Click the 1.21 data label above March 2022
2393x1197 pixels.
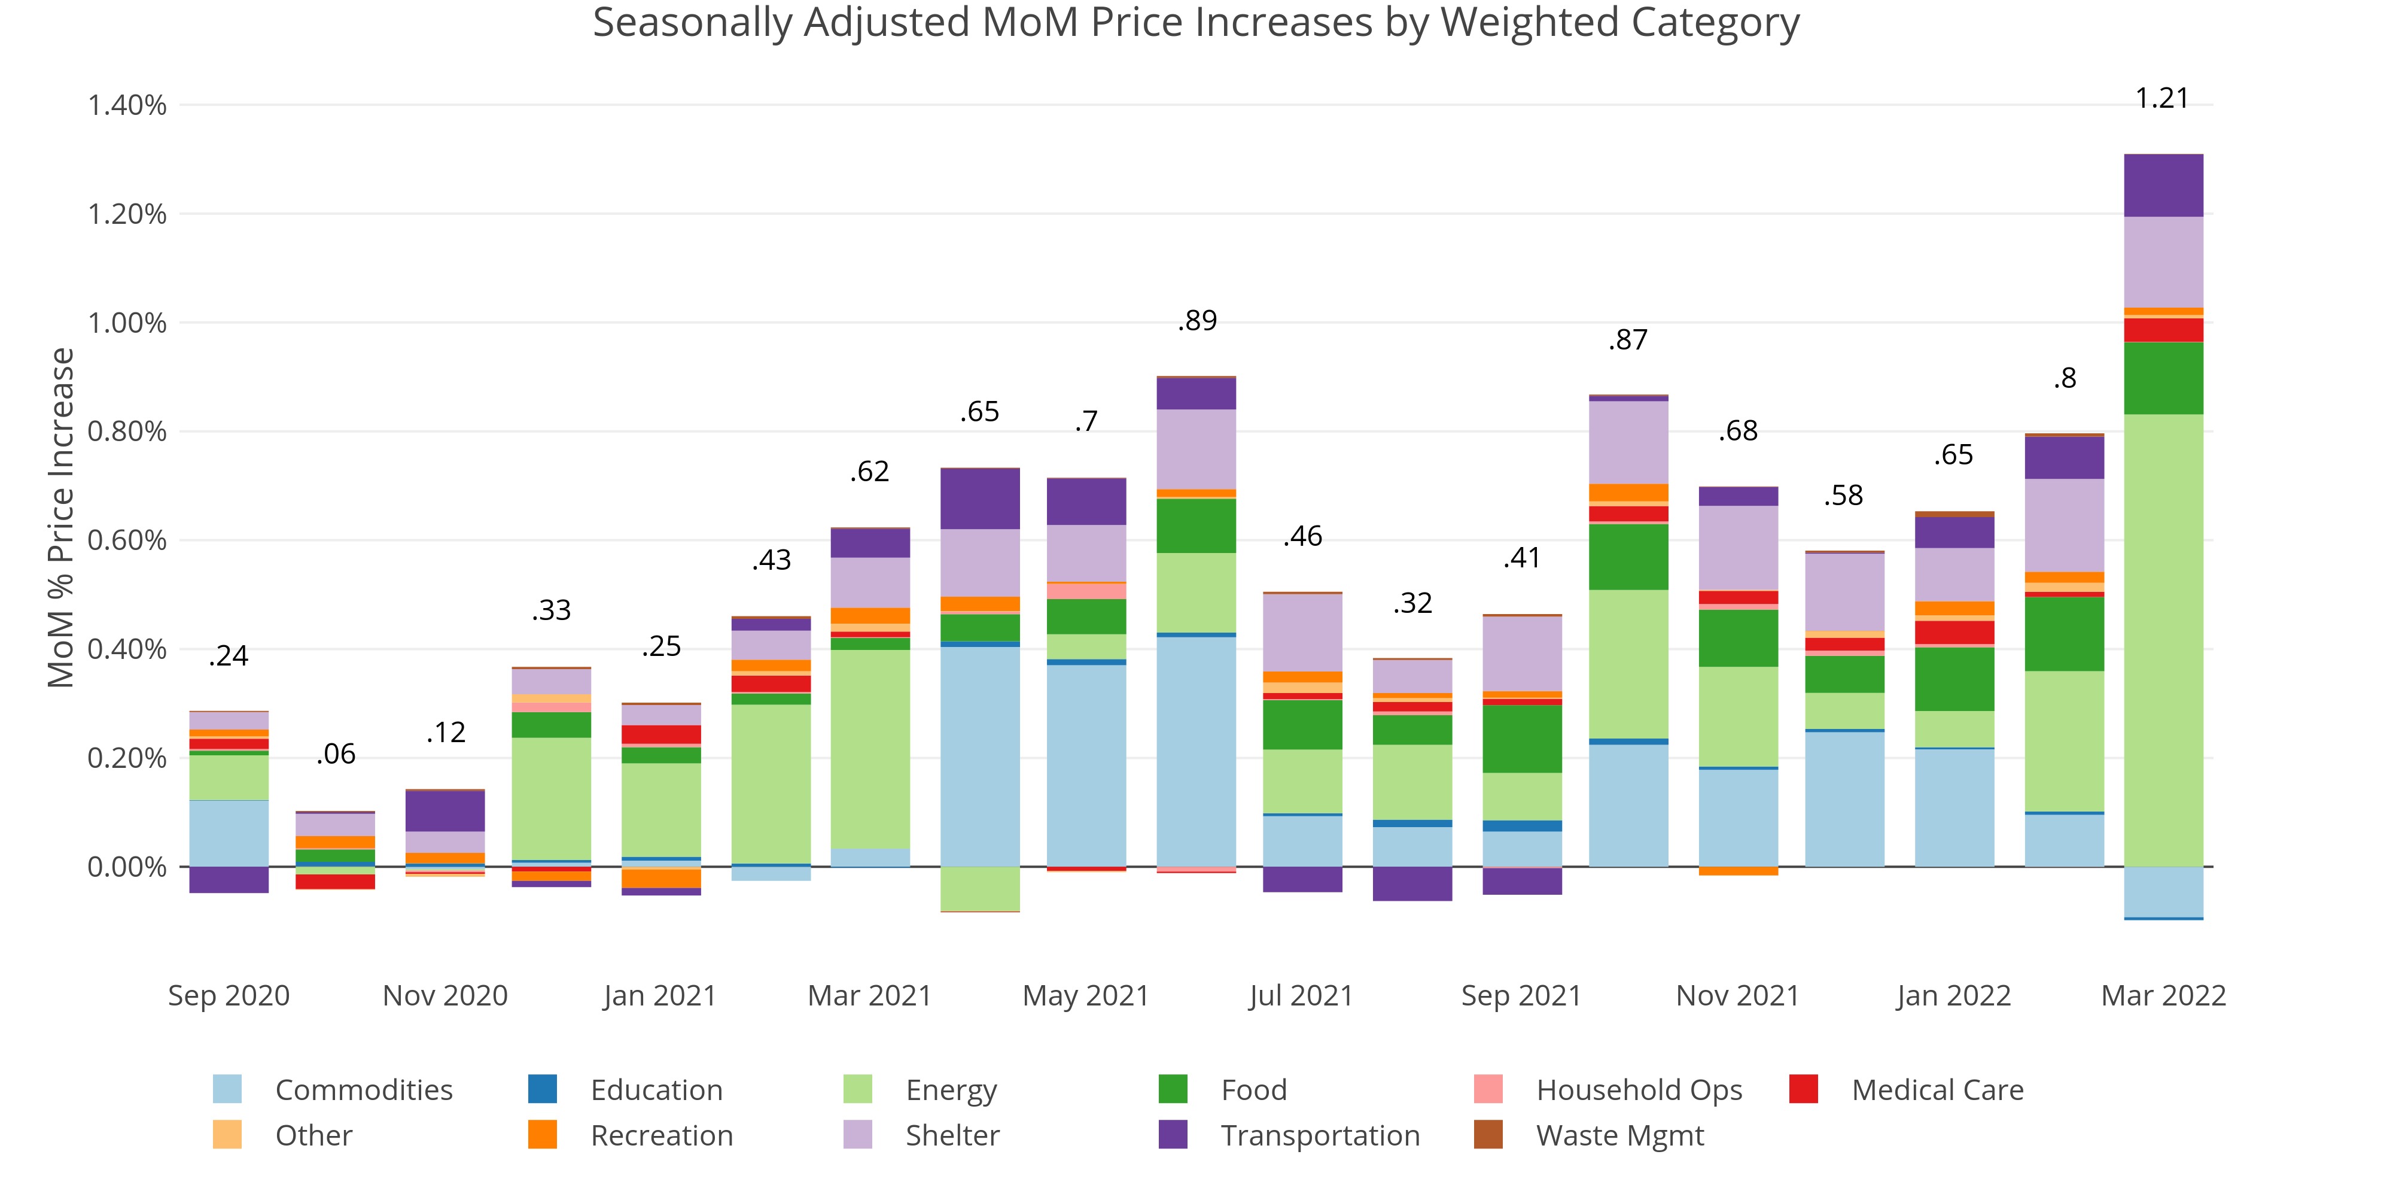point(2161,99)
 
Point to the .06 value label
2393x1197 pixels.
point(336,754)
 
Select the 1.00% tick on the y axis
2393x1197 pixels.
point(127,323)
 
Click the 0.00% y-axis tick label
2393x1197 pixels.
point(127,867)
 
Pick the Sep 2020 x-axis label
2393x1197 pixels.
point(229,995)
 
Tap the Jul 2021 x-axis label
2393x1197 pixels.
point(1301,995)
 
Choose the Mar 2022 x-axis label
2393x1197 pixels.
point(2163,995)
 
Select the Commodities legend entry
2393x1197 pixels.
point(363,1089)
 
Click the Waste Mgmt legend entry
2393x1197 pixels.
point(1619,1136)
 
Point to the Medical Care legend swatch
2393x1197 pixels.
point(1803,1089)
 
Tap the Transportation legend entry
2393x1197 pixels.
point(1319,1136)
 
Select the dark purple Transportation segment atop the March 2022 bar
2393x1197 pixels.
point(2163,186)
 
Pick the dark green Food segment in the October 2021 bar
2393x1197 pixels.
point(1628,557)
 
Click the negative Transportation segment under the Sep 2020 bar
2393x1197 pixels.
point(229,879)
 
